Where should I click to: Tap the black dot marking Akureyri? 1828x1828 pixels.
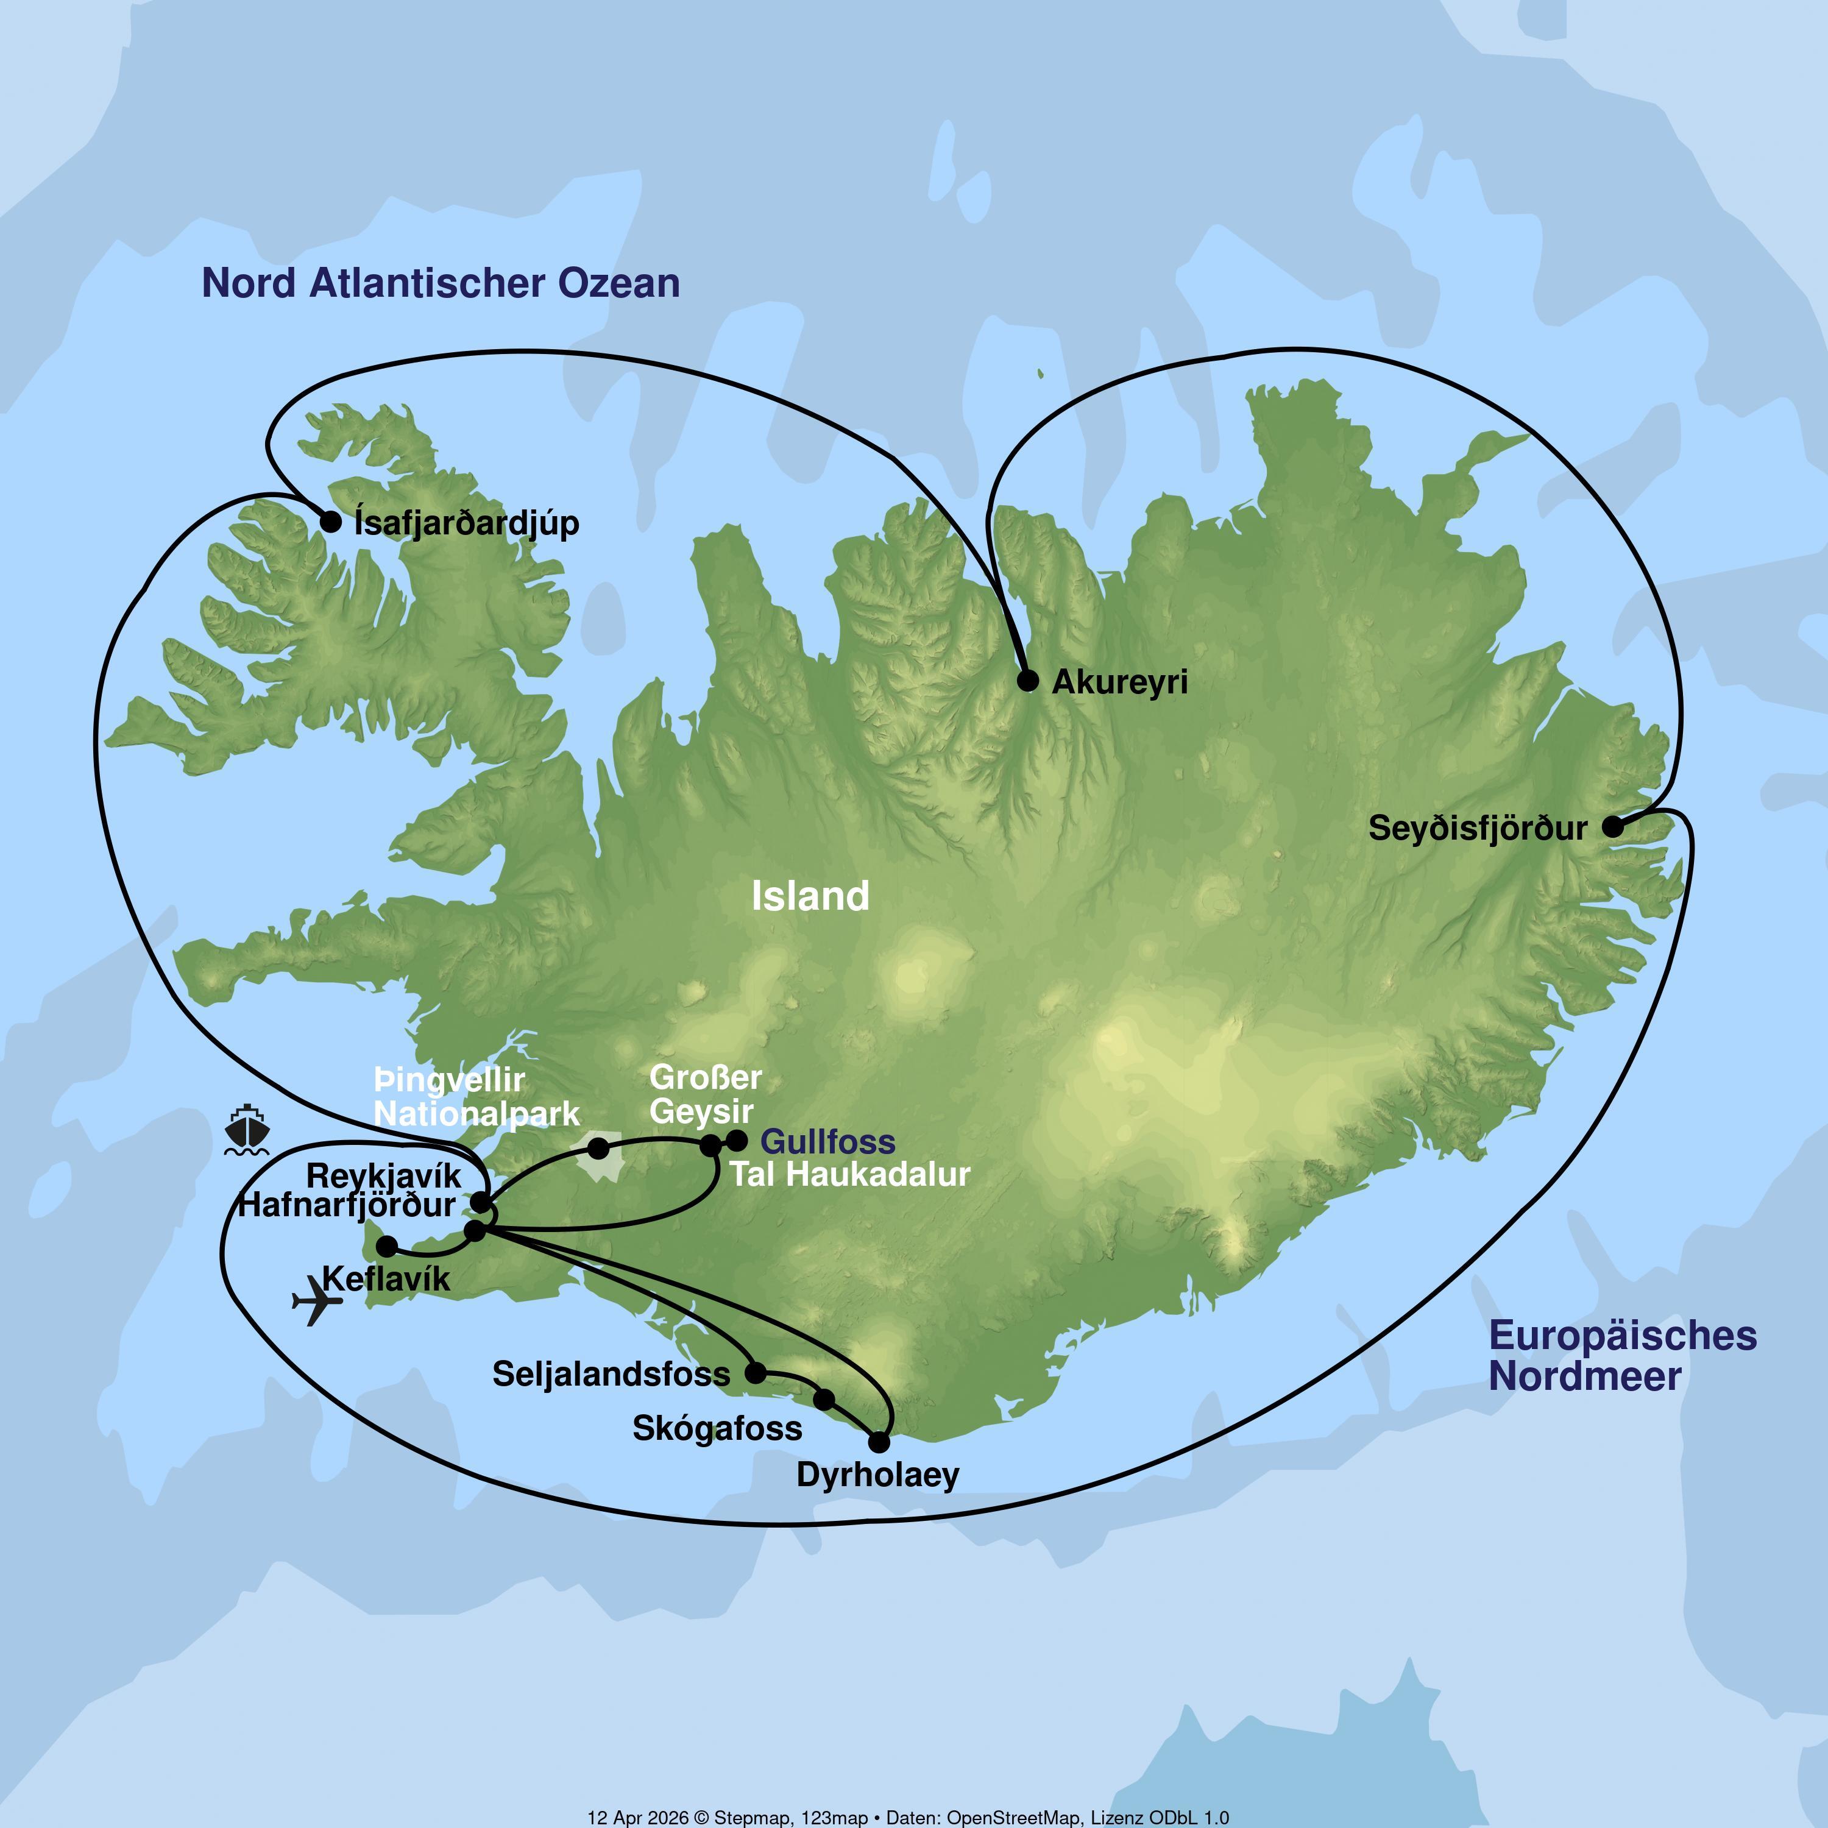click(1027, 680)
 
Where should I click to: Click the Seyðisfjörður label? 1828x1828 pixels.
click(1477, 829)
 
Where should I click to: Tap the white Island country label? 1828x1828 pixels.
click(810, 896)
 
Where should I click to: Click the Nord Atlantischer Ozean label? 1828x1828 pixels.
click(441, 283)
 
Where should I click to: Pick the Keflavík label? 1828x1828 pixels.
click(386, 1279)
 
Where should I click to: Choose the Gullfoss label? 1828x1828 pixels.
click(828, 1142)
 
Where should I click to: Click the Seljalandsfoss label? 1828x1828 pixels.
click(611, 1374)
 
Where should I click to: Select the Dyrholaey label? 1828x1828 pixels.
click(878, 1474)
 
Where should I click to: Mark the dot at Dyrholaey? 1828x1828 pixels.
click(879, 1442)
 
